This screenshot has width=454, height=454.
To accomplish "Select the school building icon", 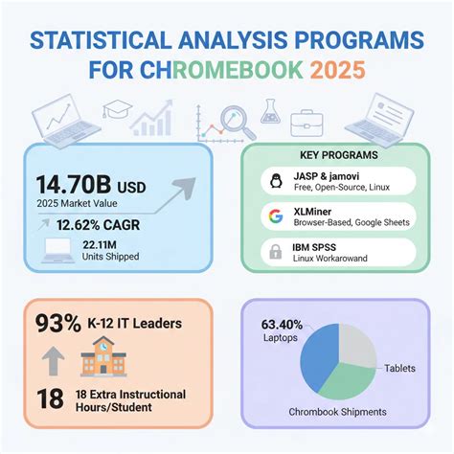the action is pos(99,359).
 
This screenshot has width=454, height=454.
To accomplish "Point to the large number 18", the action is pos(50,398).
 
